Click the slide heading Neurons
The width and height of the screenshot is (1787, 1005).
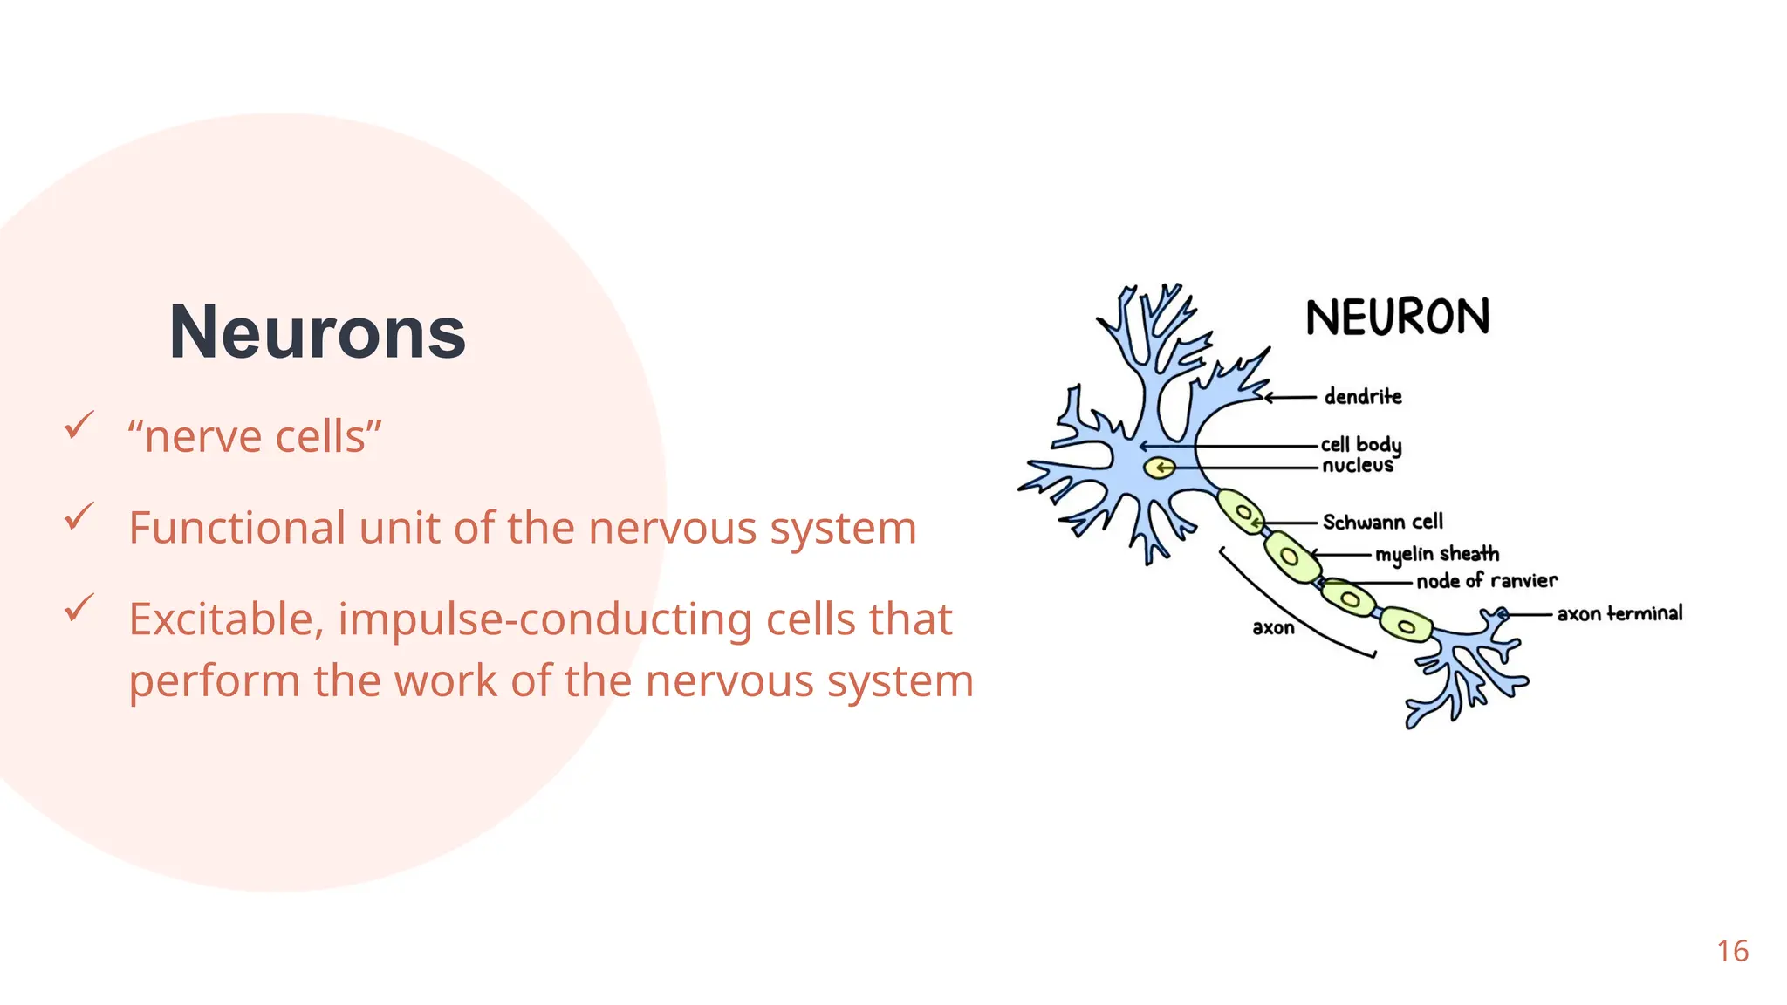317,332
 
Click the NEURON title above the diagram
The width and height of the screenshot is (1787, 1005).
1397,318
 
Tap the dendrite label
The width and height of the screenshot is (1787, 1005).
1362,397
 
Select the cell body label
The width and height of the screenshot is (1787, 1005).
1360,445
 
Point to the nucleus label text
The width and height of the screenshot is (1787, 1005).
1357,466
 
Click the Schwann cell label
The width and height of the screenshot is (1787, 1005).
1382,523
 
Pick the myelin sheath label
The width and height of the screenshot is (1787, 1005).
1436,555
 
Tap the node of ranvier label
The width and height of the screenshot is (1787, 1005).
1486,581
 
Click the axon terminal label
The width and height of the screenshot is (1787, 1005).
1619,614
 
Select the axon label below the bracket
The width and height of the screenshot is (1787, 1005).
1273,628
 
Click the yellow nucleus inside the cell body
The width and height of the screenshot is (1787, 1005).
1160,468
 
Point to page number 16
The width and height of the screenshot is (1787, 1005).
1732,951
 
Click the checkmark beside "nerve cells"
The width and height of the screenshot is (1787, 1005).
79,426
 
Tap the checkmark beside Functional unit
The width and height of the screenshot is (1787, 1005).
79,516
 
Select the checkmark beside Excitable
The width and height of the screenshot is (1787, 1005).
79,608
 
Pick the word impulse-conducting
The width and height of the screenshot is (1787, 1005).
544,619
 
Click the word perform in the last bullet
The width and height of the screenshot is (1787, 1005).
215,681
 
